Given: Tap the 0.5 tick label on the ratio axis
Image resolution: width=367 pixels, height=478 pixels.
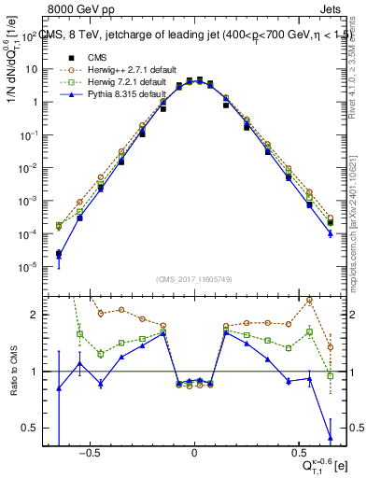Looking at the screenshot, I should [32, 428].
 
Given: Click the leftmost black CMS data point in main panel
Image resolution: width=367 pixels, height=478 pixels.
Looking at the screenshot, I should [59, 253].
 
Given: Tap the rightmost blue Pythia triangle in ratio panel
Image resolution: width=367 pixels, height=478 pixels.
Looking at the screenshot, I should [331, 436].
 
